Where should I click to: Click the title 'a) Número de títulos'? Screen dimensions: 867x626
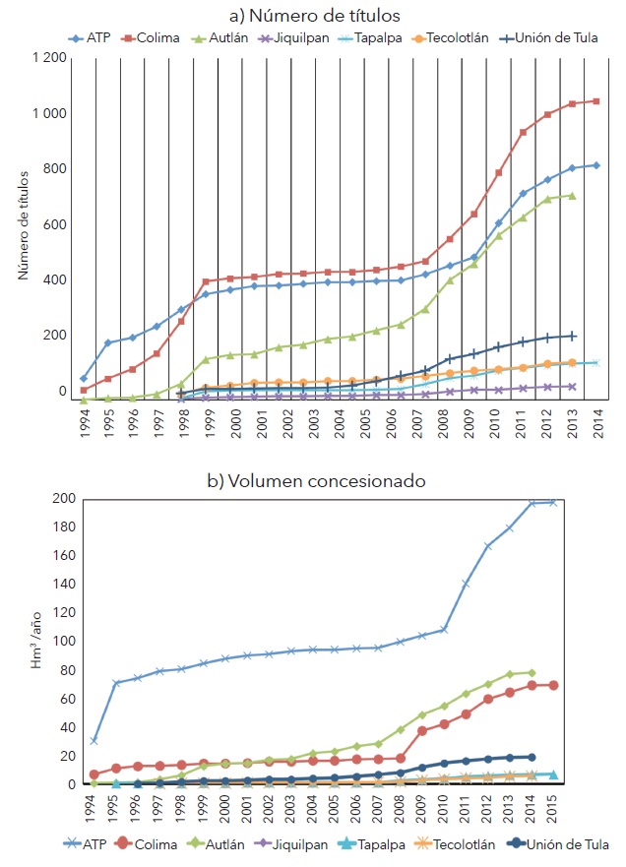click(x=313, y=15)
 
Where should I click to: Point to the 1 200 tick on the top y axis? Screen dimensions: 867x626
click(x=48, y=59)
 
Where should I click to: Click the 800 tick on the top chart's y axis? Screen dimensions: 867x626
click(x=54, y=169)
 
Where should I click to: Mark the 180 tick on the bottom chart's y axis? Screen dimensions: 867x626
click(x=63, y=526)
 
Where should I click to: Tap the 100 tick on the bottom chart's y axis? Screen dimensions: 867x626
click(x=63, y=642)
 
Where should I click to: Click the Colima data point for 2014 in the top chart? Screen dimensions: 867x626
click(x=595, y=101)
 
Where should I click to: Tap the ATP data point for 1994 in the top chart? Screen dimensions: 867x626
click(x=83, y=378)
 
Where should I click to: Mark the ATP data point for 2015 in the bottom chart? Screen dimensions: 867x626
click(x=553, y=502)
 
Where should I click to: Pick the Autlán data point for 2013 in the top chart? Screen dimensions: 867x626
click(x=572, y=195)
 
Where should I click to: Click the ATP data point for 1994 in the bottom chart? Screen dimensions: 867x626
click(x=93, y=740)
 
